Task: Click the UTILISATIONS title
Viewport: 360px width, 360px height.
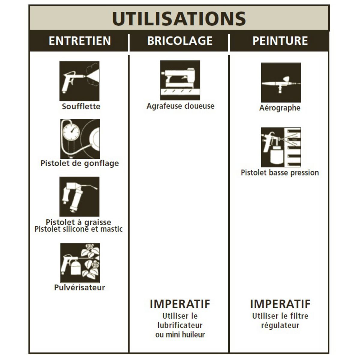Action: click(179, 19)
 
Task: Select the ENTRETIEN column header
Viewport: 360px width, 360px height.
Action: click(80, 41)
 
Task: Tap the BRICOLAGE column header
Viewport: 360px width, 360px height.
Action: click(180, 41)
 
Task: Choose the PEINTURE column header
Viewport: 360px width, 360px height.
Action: click(280, 41)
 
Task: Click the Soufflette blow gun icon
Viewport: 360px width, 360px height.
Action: click(79, 81)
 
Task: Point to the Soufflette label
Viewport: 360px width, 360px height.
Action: click(81, 106)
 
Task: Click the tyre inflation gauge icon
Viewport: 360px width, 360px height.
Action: click(80, 139)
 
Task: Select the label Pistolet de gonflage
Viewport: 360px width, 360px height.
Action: click(80, 163)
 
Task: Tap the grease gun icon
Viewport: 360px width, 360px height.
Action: click(79, 196)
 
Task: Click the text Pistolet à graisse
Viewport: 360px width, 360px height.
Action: click(79, 222)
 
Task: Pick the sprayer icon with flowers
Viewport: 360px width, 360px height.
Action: click(80, 263)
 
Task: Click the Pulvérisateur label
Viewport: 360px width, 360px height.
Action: click(79, 287)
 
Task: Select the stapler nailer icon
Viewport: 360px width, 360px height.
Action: click(180, 80)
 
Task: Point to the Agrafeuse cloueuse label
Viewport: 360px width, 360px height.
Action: click(181, 106)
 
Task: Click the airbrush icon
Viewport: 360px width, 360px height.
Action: click(281, 82)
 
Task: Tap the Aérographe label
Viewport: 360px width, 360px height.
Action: click(280, 108)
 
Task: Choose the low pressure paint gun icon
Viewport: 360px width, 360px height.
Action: click(281, 147)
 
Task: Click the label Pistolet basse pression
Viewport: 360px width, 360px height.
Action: click(280, 172)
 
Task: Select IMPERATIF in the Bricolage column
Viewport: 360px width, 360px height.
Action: click(180, 304)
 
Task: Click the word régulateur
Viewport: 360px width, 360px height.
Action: click(280, 325)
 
